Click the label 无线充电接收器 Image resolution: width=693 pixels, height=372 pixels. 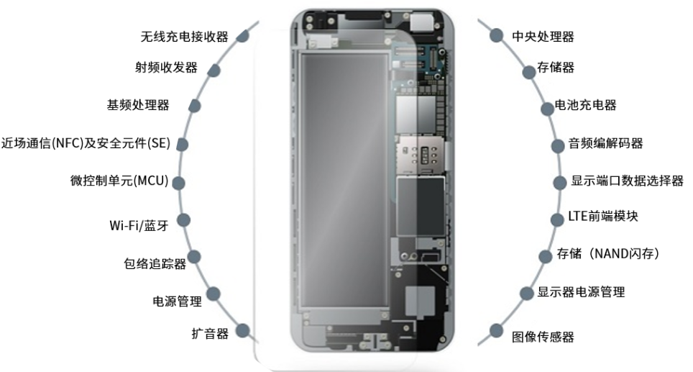(x=184, y=37)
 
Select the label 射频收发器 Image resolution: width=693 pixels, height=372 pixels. (x=166, y=67)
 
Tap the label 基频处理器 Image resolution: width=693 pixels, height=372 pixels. (x=138, y=105)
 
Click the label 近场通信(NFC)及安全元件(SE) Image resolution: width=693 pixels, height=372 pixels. (x=86, y=143)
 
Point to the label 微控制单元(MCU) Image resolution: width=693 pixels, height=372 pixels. (x=119, y=181)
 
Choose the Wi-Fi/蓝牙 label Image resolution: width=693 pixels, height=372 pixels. (x=139, y=225)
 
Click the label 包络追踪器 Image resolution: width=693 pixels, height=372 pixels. (x=155, y=263)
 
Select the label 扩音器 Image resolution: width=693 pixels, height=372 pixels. (x=210, y=333)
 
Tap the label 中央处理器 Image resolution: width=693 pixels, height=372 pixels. (x=543, y=36)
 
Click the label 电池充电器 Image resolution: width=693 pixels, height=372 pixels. (x=585, y=105)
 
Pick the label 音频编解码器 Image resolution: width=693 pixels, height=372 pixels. (x=605, y=143)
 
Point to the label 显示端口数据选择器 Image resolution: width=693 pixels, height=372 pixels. (x=627, y=181)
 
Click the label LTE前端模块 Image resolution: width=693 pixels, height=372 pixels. (x=603, y=216)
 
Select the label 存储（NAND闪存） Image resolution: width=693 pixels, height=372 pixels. (x=608, y=253)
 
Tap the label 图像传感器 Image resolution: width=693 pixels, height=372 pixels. (x=543, y=337)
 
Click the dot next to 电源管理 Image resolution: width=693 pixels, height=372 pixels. (x=214, y=294)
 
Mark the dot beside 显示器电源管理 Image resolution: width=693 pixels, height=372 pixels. (x=527, y=293)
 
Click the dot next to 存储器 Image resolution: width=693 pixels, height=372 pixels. (x=529, y=72)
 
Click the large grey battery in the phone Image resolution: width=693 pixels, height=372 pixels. (x=344, y=180)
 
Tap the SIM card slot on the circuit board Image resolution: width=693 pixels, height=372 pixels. (x=421, y=155)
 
